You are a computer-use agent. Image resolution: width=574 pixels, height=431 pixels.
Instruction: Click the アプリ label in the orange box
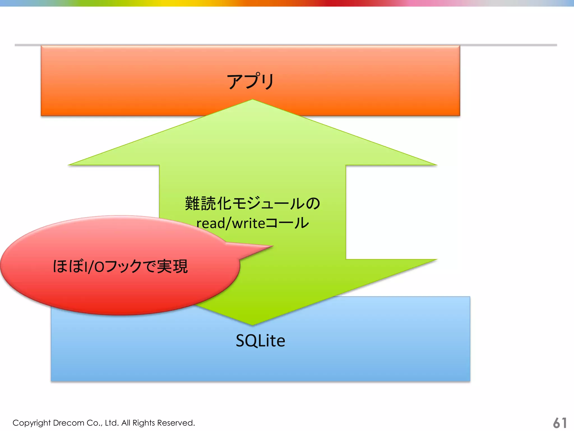click(x=250, y=81)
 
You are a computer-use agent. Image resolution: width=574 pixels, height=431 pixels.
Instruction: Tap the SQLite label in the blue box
click(x=260, y=341)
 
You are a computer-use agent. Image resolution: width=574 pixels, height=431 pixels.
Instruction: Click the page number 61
click(x=560, y=423)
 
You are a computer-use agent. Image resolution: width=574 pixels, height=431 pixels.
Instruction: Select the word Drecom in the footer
click(x=68, y=423)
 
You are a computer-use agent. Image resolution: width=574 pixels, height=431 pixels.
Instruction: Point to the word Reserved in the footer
click(x=176, y=423)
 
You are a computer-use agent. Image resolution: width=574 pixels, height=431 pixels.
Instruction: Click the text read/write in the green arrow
click(x=230, y=224)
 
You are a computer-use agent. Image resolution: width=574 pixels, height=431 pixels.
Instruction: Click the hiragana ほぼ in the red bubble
click(x=68, y=266)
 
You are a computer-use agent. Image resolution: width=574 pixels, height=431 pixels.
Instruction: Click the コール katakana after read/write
click(x=287, y=223)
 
